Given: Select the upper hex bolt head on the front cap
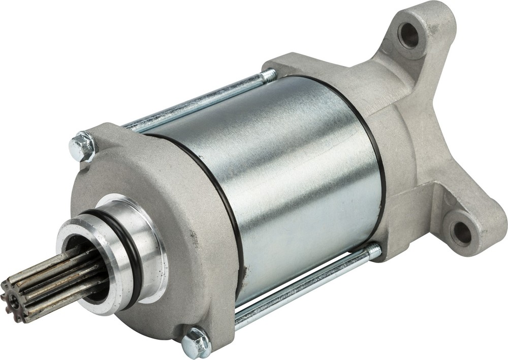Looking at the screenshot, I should click(82, 146).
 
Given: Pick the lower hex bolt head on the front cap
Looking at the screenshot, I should click(196, 343).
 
